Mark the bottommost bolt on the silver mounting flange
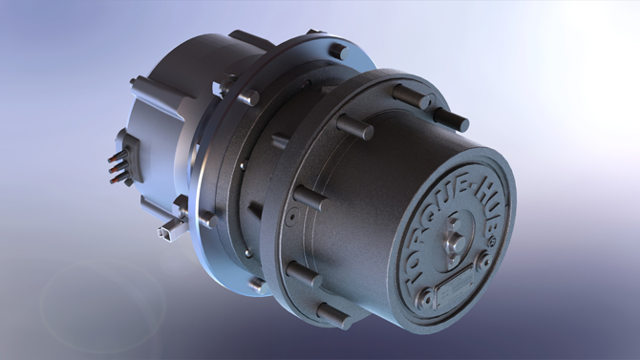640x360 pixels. click(x=257, y=285)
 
